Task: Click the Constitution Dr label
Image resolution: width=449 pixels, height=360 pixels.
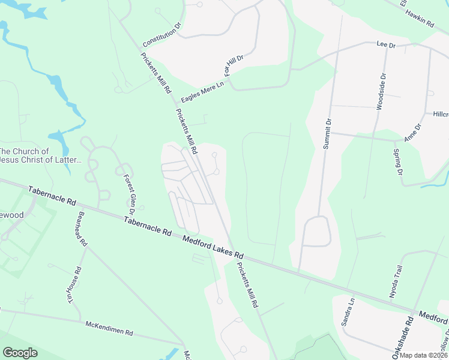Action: click(x=162, y=37)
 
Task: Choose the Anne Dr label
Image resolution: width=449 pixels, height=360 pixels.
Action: click(x=413, y=132)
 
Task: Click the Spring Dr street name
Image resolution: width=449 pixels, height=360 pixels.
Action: click(x=398, y=163)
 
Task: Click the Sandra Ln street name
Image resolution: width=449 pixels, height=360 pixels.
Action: click(x=348, y=312)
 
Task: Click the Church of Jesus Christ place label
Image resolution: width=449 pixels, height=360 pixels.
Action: click(x=40, y=155)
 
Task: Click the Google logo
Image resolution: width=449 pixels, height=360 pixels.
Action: click(x=20, y=353)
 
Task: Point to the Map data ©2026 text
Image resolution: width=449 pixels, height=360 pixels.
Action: click(x=423, y=355)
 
